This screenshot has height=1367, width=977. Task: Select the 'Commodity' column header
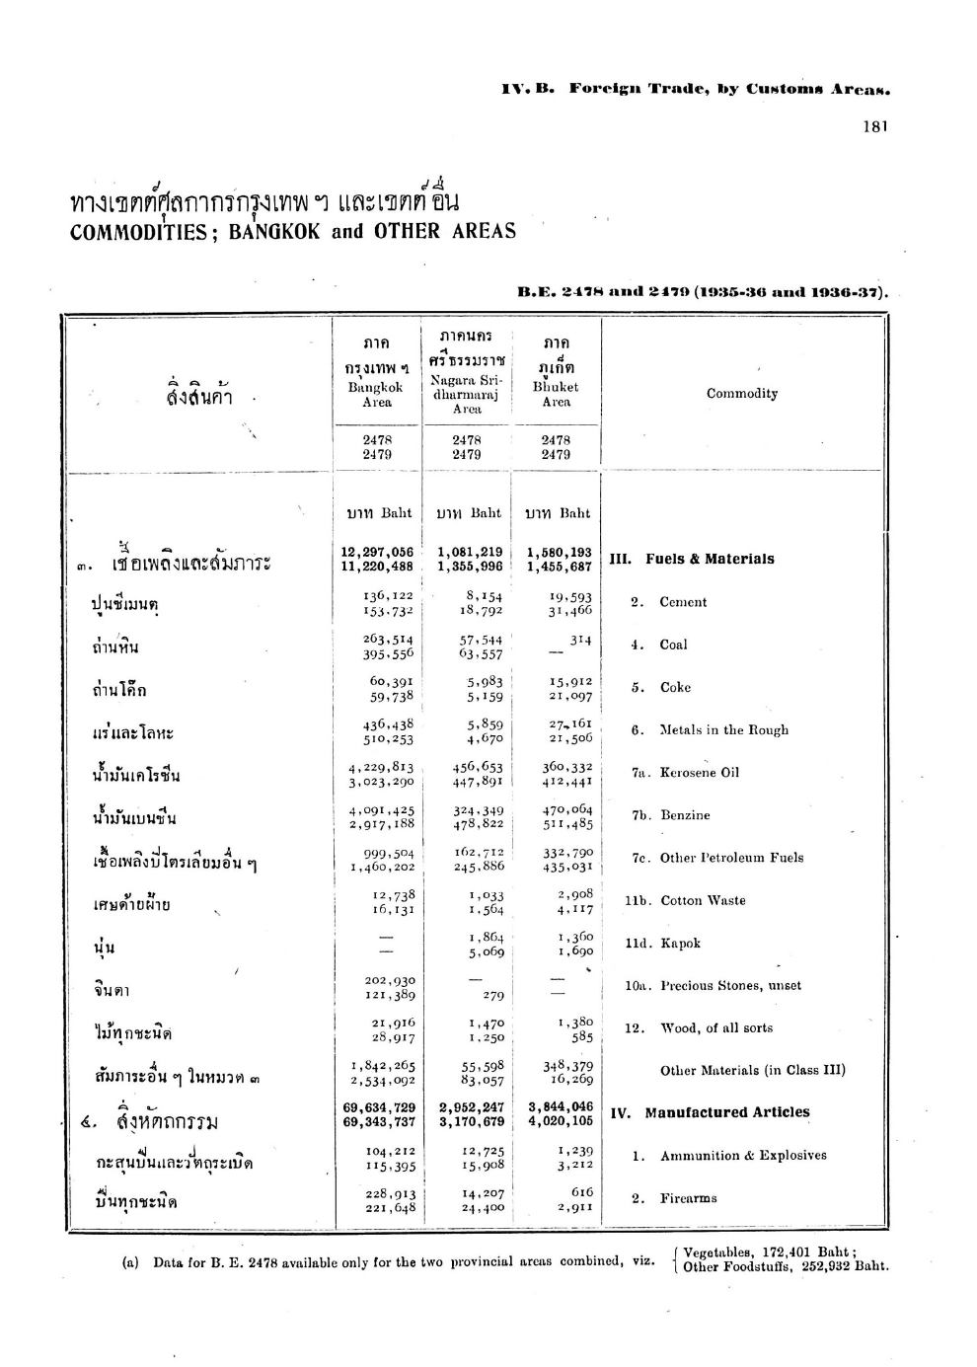pos(741,393)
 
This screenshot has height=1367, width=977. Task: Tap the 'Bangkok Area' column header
pos(377,395)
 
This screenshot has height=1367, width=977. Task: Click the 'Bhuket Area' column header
pos(556,395)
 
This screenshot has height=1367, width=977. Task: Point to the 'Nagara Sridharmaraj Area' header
pos(467,394)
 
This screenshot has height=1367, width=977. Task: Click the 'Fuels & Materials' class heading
pos(709,559)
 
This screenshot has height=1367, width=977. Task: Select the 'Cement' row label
pos(683,602)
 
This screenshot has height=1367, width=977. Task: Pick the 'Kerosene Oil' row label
pos(699,773)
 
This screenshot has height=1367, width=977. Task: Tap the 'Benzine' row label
pos(684,815)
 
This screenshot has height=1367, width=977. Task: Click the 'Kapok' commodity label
pos(680,943)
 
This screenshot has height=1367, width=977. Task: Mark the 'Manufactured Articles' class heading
pos(726,1112)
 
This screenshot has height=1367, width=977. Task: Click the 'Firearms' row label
pos(688,1198)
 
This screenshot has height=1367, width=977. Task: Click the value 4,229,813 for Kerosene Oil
pos(380,766)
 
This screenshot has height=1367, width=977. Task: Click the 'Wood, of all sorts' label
pos(716,1027)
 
